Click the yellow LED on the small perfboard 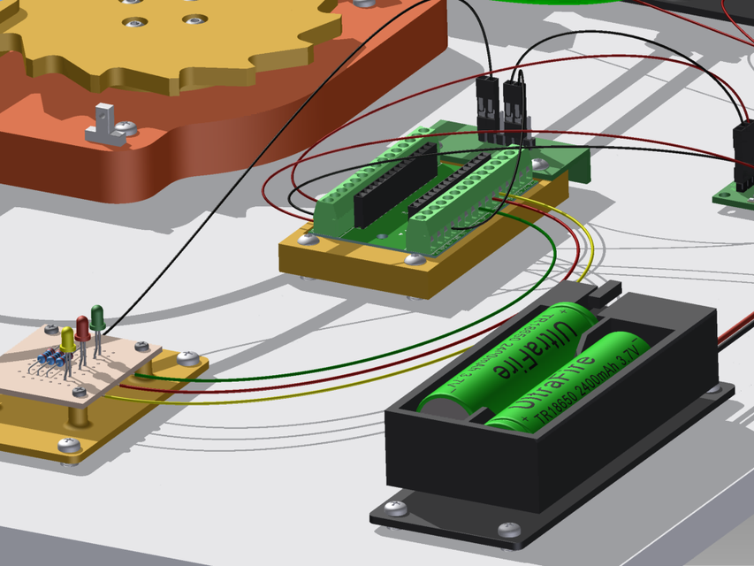68,338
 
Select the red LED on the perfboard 82,326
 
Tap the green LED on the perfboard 96,315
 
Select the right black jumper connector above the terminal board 514,103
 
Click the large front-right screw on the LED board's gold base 187,358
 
